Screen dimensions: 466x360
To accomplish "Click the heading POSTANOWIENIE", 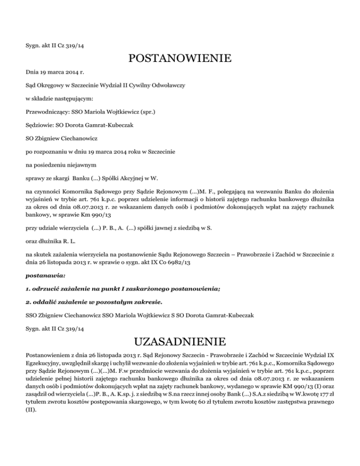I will click(x=180, y=59).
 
